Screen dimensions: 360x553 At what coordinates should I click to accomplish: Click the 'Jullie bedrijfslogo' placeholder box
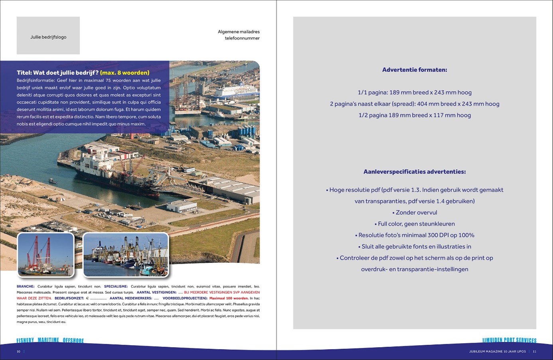pos(48,36)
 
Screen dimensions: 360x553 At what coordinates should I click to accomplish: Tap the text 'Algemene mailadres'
pos(239,32)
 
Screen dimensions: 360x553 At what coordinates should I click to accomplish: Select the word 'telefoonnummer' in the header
pos(242,38)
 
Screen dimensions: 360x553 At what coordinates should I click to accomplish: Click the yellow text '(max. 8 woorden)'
pos(125,73)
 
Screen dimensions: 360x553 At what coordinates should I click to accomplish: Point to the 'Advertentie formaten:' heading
pos(415,70)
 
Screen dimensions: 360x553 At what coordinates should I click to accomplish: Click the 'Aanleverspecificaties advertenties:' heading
pos(415,172)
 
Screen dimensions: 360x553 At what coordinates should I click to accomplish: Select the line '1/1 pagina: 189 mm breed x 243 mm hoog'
pos(415,93)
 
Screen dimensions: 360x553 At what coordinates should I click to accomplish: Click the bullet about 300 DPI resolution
pos(415,235)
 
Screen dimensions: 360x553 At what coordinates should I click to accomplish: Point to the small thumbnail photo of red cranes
pos(46,255)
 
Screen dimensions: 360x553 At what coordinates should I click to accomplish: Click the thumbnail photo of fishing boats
pos(126,255)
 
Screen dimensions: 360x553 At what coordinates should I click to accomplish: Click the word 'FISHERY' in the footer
pos(25,340)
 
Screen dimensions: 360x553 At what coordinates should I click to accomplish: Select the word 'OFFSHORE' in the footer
pos(73,340)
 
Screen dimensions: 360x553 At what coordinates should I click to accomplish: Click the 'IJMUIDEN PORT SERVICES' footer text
pos(509,340)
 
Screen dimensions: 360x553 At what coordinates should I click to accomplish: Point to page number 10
pos(18,352)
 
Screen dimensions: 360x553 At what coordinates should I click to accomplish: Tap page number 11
pos(535,352)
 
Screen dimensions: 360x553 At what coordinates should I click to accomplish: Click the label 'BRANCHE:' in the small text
pos(26,287)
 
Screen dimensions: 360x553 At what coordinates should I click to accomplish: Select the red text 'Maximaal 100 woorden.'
pos(229,298)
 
